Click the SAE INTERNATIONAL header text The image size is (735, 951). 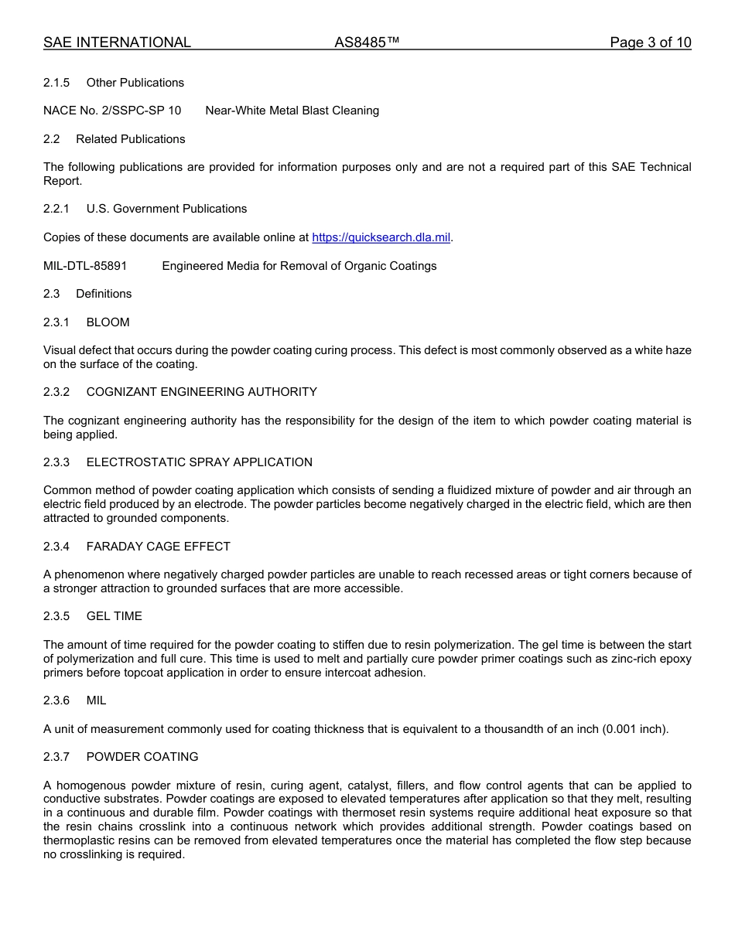tap(117, 43)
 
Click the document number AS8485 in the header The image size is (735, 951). tap(366, 43)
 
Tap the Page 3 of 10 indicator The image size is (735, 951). tap(650, 43)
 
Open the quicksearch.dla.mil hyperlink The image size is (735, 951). tap(381, 237)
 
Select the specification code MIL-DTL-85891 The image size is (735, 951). tap(85, 266)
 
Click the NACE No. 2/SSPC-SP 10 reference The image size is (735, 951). tap(112, 111)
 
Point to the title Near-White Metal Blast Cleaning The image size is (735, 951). tap(292, 111)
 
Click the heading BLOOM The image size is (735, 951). tap(108, 322)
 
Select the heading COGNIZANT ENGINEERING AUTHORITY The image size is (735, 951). tap(201, 392)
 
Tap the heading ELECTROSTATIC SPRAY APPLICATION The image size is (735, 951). tap(199, 462)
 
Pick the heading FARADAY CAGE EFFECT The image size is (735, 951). tap(158, 547)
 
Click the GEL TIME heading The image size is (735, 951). tap(114, 616)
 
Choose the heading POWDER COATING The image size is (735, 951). tap(142, 757)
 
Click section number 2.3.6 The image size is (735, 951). tap(56, 700)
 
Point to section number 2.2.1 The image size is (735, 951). tap(56, 209)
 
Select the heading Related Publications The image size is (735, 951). tap(130, 139)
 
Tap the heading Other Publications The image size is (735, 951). tap(135, 83)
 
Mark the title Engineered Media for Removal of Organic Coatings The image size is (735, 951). tap(299, 266)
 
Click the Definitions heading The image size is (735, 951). tap(104, 294)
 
